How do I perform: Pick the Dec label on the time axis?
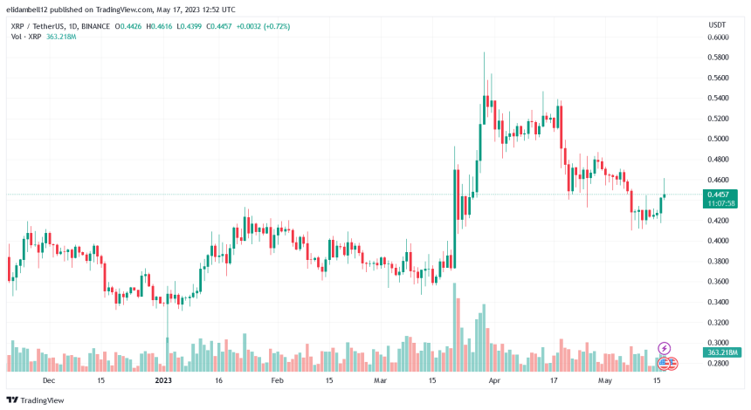[49, 381]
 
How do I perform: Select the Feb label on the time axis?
[278, 381]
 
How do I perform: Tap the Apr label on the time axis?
[495, 381]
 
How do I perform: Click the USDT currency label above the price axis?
[716, 24]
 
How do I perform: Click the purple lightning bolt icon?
[664, 348]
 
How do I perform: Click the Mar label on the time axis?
[380, 381]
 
